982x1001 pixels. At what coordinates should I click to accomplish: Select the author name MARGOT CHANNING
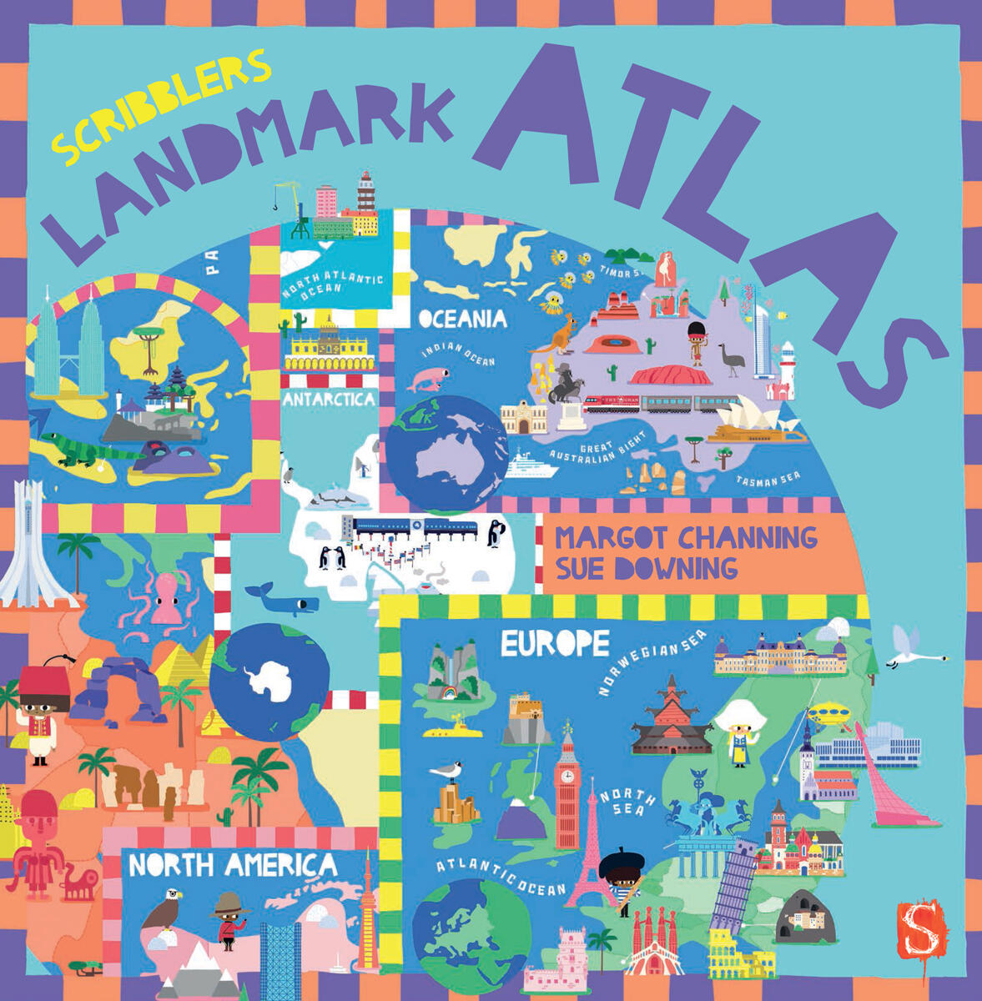click(686, 537)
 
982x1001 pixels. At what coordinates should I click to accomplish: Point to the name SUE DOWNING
click(647, 568)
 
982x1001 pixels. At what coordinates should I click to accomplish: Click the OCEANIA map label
click(462, 319)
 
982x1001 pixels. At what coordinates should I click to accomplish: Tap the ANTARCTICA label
click(329, 400)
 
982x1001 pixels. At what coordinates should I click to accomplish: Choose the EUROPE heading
click(555, 643)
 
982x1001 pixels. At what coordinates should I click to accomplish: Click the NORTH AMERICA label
click(234, 865)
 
